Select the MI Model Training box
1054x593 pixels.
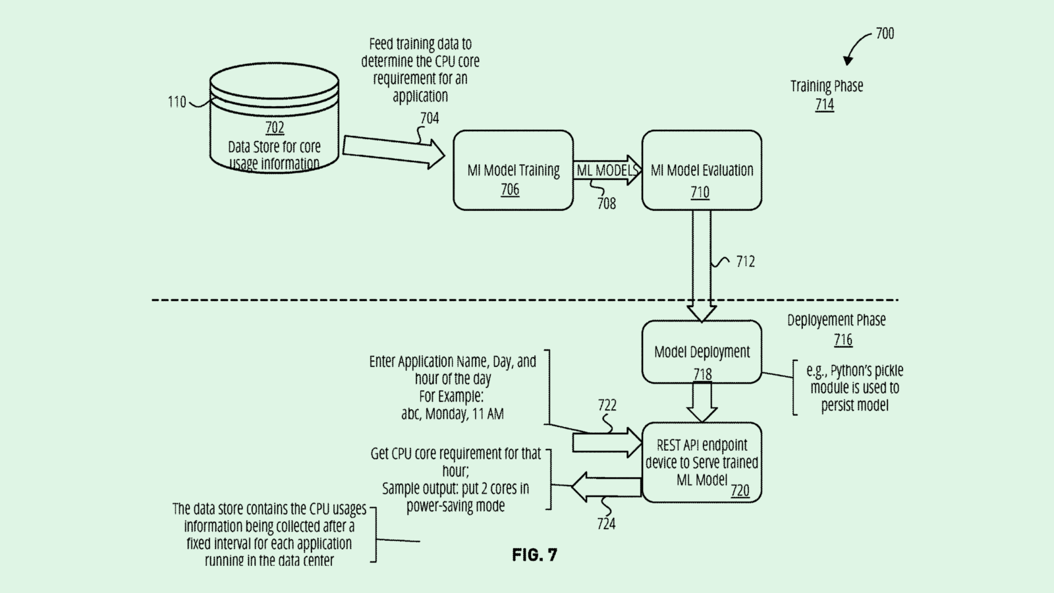click(513, 171)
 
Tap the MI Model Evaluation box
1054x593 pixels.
click(702, 171)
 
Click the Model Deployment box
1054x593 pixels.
click(702, 353)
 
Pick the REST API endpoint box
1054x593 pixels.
click(702, 463)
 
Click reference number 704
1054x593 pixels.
click(430, 119)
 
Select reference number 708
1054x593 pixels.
click(607, 204)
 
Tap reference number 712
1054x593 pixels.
click(746, 262)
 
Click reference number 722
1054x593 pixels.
click(607, 405)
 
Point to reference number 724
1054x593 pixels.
click(606, 524)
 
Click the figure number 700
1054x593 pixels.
click(885, 34)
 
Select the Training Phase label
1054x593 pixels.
click(827, 86)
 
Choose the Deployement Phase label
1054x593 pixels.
click(837, 320)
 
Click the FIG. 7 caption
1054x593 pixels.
click(534, 555)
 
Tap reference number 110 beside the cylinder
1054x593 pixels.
click(177, 102)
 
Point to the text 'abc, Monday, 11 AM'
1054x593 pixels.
click(453, 414)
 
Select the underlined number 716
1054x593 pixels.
click(843, 340)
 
